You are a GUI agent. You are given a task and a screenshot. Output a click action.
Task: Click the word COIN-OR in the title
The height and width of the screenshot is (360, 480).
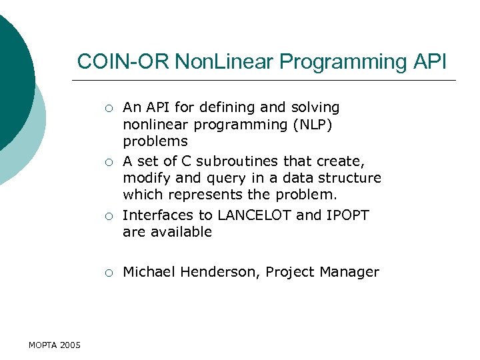pyautogui.click(x=123, y=62)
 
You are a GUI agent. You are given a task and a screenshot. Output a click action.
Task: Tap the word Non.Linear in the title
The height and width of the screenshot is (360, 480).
pyautogui.click(x=225, y=62)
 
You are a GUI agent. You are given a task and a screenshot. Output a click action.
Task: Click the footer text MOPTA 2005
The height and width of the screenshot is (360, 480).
pyautogui.click(x=55, y=345)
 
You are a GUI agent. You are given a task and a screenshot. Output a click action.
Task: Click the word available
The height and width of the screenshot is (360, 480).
pyautogui.click(x=180, y=233)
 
